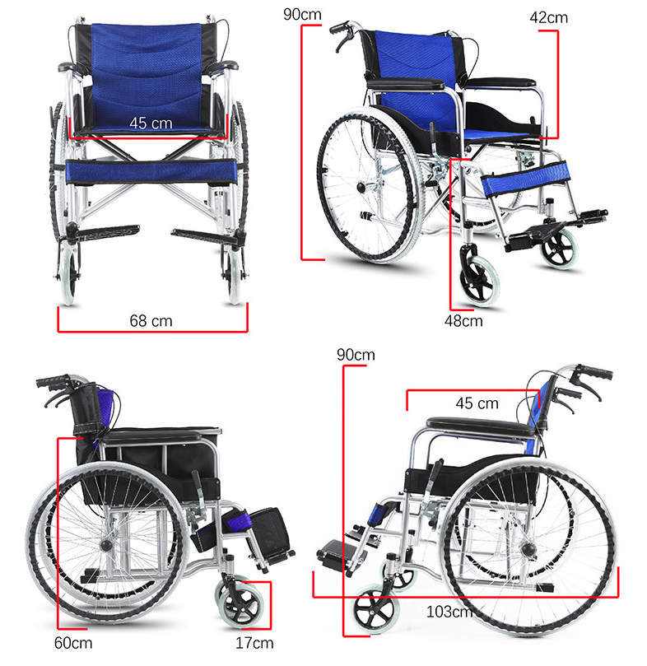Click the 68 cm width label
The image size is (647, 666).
[x=151, y=321]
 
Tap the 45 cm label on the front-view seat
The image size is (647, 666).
[x=151, y=123]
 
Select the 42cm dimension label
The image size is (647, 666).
[x=548, y=18]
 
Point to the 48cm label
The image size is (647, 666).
[x=463, y=321]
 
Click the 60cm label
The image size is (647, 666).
[x=73, y=643]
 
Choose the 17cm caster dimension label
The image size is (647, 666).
[x=254, y=643]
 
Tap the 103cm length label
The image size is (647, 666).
[x=449, y=612]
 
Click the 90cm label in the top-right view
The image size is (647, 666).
[x=302, y=15]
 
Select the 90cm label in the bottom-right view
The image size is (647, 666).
[x=356, y=355]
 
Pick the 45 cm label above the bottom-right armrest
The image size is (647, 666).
[x=477, y=403]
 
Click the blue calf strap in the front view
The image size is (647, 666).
[x=151, y=171]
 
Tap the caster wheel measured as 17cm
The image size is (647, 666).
[x=240, y=605]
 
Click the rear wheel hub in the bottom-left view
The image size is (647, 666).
[x=106, y=545]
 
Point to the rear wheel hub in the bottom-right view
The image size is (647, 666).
[x=529, y=551]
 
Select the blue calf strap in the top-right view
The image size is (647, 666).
[x=525, y=178]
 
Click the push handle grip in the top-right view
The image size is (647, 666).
[x=340, y=28]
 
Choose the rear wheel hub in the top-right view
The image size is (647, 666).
[x=361, y=187]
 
